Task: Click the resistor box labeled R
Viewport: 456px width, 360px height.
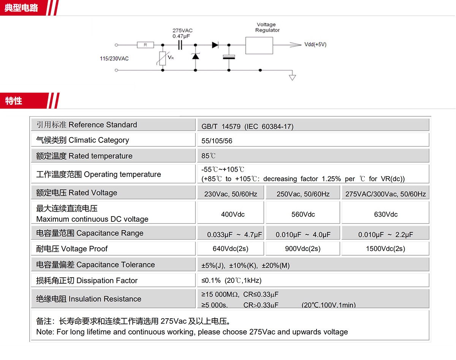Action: pyautogui.click(x=146, y=45)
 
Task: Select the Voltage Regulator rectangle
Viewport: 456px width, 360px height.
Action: pyautogui.click(x=259, y=46)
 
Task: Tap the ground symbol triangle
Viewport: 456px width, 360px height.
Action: pyautogui.click(x=292, y=78)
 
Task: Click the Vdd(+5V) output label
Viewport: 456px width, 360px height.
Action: pyautogui.click(x=315, y=44)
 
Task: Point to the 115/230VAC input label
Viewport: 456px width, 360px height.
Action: pyautogui.click(x=114, y=58)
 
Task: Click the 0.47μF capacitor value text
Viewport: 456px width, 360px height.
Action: pyautogui.click(x=181, y=36)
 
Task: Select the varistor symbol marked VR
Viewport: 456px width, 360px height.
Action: pyautogui.click(x=163, y=58)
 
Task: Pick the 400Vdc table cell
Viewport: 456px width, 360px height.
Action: pyautogui.click(x=233, y=214)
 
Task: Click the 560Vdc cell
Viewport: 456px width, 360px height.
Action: pyautogui.click(x=303, y=214)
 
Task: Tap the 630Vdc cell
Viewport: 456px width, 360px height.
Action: pyautogui.click(x=386, y=214)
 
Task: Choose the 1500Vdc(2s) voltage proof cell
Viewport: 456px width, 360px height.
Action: pyautogui.click(x=385, y=249)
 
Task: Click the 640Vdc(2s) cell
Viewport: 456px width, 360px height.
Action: pyautogui.click(x=231, y=249)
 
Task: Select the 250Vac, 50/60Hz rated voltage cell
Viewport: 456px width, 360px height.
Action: pyautogui.click(x=303, y=194)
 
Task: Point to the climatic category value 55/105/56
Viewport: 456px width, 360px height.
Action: pyautogui.click(x=217, y=141)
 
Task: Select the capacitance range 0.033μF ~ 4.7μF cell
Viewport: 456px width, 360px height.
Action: pyautogui.click(x=234, y=235)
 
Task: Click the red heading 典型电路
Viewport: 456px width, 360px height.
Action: pyautogui.click(x=21, y=8)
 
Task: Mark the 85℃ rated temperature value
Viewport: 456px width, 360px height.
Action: pyautogui.click(x=209, y=156)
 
